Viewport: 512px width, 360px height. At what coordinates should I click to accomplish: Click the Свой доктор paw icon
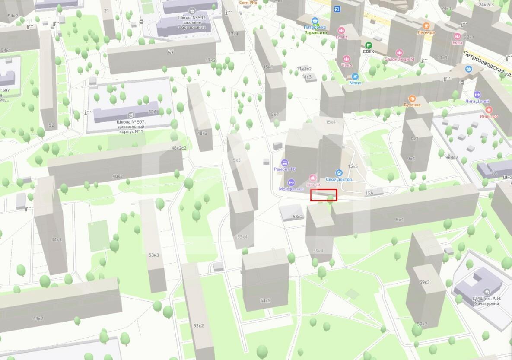339,172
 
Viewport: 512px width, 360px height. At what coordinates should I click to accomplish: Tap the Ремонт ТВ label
284,169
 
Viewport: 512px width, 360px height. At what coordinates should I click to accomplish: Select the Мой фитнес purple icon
291,182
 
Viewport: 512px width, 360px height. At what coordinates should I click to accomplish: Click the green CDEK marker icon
368,45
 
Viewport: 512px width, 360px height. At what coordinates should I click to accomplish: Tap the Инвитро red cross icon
489,110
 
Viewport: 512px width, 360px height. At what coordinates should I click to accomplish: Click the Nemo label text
355,83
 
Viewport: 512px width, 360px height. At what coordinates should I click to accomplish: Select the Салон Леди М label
399,59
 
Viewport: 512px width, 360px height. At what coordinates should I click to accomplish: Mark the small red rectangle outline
324,195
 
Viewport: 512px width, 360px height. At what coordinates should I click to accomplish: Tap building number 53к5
265,300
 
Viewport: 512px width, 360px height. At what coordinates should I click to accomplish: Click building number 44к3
56,239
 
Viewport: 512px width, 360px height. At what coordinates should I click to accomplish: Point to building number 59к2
422,324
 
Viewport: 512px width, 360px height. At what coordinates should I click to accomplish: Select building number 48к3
202,133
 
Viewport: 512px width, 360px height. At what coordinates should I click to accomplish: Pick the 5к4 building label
399,220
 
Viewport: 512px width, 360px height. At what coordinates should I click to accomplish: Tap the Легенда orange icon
426,25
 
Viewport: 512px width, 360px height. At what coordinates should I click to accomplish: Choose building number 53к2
198,325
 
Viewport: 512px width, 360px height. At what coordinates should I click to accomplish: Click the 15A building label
369,193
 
